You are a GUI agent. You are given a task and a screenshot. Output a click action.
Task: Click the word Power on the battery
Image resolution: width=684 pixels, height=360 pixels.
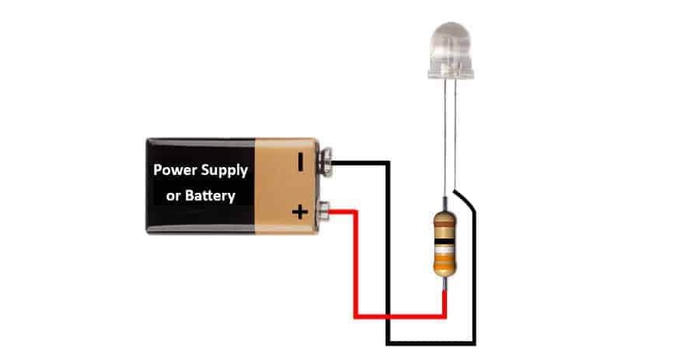tap(172, 170)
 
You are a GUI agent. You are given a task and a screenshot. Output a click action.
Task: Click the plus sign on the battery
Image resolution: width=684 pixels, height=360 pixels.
tap(299, 211)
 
